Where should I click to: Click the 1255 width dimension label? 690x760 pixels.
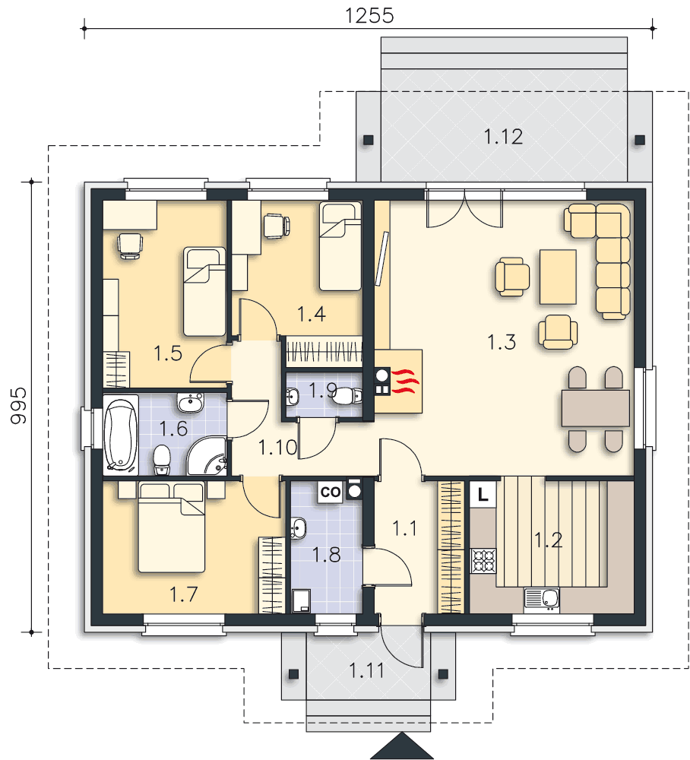(369, 15)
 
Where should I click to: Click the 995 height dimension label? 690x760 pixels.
(19, 406)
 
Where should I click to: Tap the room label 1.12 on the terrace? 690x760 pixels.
(504, 137)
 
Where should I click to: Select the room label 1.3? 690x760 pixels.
(502, 342)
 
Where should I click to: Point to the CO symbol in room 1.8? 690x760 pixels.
(331, 492)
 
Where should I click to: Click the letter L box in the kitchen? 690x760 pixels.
(483, 495)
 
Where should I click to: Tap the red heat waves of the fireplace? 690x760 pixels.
(405, 382)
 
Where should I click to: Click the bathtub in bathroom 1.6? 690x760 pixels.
(121, 435)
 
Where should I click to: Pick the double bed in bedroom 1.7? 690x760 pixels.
(172, 527)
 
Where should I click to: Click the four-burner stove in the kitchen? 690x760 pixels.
(483, 561)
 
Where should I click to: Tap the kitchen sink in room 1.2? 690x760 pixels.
(542, 599)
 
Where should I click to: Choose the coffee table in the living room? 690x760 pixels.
(558, 277)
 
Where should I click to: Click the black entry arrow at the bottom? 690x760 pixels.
(402, 746)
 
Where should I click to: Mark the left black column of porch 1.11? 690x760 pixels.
(293, 673)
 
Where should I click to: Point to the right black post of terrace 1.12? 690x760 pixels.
(640, 141)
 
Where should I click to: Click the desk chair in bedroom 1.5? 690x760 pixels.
(130, 245)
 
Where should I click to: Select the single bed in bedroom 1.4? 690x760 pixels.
(340, 246)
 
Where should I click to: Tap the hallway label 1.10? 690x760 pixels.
(277, 448)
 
